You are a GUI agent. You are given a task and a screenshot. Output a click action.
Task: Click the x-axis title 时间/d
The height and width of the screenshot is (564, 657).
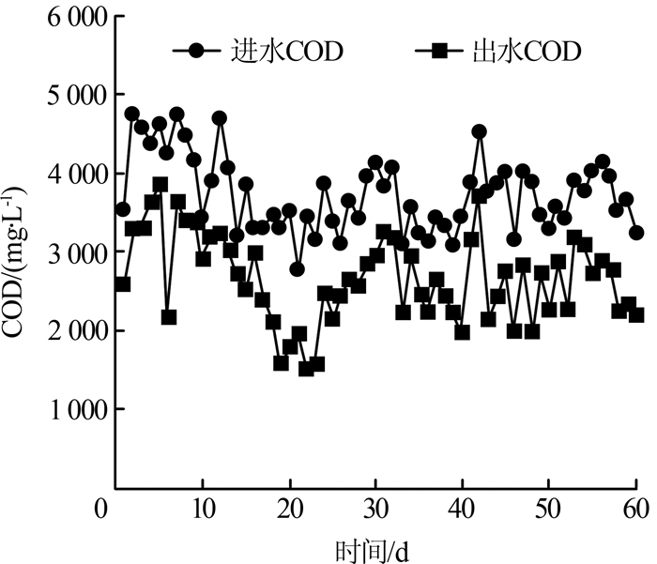pos(373,547)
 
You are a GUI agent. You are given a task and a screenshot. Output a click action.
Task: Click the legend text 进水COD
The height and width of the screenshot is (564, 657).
pos(287,51)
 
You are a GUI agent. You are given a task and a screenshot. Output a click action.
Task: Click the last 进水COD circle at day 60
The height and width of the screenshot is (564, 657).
pos(636,233)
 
